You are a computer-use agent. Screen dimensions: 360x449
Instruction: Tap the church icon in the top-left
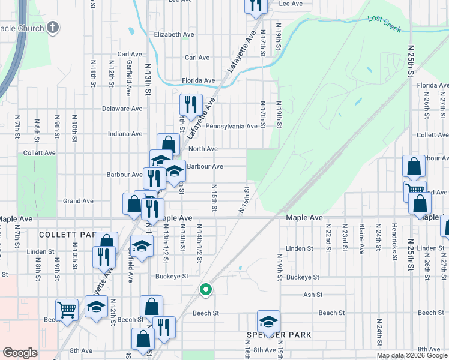pos(53,28)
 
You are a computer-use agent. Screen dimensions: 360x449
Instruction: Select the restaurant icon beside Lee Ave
pos(256,5)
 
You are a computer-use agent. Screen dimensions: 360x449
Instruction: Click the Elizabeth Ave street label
pos(175,34)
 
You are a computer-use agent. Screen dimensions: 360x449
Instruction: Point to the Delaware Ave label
pos(122,109)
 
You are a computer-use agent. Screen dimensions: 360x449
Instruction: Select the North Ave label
pos(202,148)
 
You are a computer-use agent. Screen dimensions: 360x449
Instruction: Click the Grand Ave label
pos(79,201)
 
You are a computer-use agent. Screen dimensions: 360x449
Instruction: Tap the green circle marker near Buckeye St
pos(206,290)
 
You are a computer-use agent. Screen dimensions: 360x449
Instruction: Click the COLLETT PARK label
pos(67,234)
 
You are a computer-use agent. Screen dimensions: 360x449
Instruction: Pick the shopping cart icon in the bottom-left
pos(67,310)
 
